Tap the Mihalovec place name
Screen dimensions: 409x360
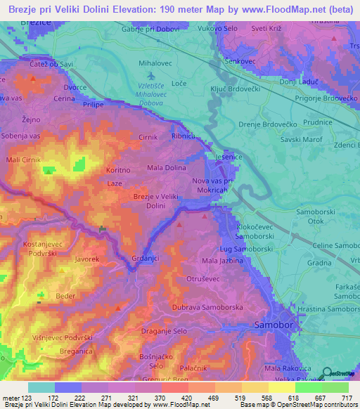coord(155,63)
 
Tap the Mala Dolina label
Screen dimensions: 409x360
coord(166,168)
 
